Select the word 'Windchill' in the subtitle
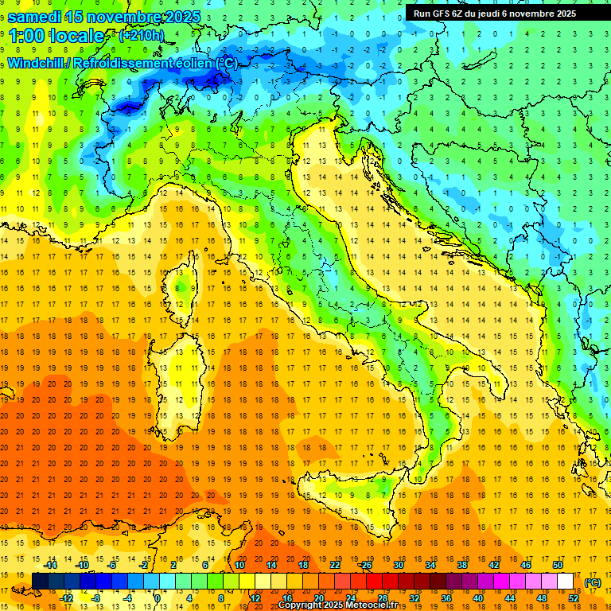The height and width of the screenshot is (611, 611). click(x=37, y=63)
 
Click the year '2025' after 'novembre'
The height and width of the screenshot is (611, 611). click(x=178, y=17)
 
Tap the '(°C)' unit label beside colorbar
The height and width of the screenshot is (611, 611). click(x=592, y=582)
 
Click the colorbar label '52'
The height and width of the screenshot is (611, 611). click(x=574, y=598)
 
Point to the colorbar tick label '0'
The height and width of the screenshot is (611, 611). click(x=157, y=598)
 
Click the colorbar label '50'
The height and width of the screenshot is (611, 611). click(x=558, y=566)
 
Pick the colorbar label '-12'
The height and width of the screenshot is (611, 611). click(x=67, y=598)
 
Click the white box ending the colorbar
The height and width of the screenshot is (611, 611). click(x=566, y=582)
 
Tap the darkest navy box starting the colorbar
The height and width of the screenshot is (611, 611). click(x=41, y=582)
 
